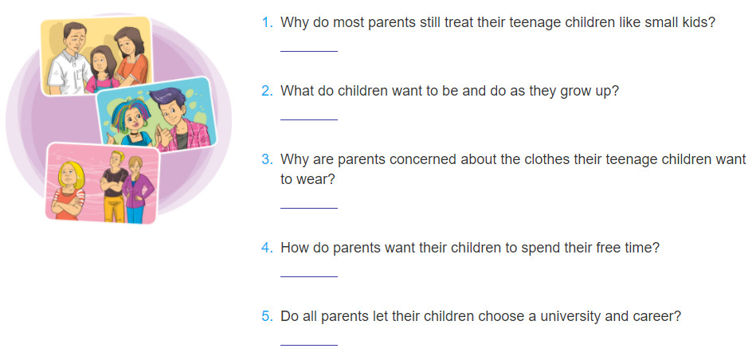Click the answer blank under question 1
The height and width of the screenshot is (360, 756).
point(308,51)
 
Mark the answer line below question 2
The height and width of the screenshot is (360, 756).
point(308,119)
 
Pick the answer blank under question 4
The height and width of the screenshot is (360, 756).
point(308,276)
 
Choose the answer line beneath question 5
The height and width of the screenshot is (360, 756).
point(308,345)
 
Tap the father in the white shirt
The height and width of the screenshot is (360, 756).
point(69,58)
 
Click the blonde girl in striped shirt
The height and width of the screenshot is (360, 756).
point(69,190)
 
